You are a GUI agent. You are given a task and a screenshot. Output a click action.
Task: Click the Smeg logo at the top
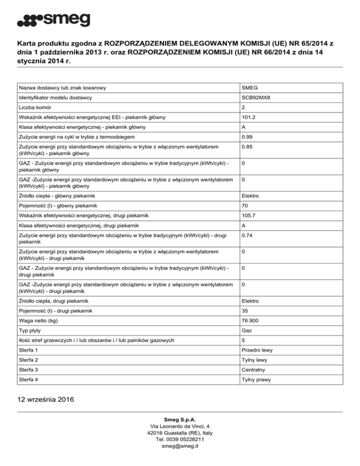pyautogui.click(x=53, y=21)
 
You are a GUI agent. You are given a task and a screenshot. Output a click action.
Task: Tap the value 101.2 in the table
pyautogui.click(x=248, y=117)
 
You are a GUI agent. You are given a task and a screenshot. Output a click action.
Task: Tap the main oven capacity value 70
pyautogui.click(x=245, y=205)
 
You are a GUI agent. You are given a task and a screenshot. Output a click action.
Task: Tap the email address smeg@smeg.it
pyautogui.click(x=180, y=446)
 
